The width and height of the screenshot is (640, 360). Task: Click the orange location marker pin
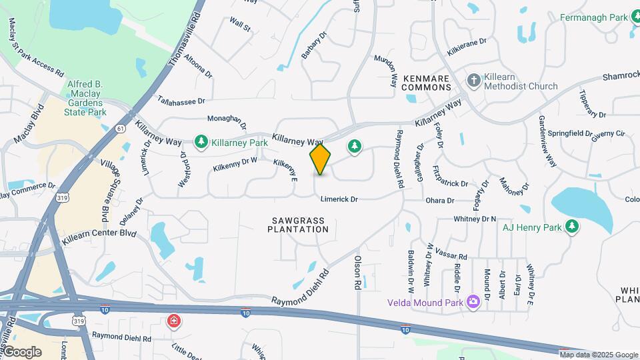pos(320,159)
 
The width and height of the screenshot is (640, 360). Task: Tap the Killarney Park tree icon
pos(201,141)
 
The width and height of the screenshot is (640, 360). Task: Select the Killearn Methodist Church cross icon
pos(473,81)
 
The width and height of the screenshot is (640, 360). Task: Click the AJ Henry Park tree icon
pos(571,227)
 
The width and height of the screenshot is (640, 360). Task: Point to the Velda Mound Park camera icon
pos(473,302)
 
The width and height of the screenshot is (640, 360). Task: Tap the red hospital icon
pos(174,322)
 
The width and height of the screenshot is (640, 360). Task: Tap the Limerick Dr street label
pos(339,199)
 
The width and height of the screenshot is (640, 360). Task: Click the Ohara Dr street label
pos(441,200)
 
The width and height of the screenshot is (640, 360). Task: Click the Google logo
pos(21,351)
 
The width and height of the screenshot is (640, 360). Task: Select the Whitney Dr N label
pos(475,219)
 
